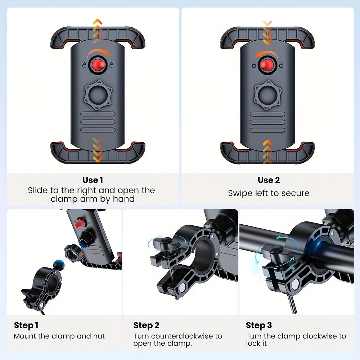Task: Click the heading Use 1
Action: (93, 180)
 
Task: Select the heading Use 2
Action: (269, 180)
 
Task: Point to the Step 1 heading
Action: (26, 325)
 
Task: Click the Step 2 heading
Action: (146, 325)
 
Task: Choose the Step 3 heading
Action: (259, 325)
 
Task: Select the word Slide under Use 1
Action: (38, 190)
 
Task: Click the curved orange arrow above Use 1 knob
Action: (99, 54)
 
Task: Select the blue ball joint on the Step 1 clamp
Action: (59, 265)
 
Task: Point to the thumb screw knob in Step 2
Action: (166, 244)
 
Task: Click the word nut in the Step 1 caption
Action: (99, 336)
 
